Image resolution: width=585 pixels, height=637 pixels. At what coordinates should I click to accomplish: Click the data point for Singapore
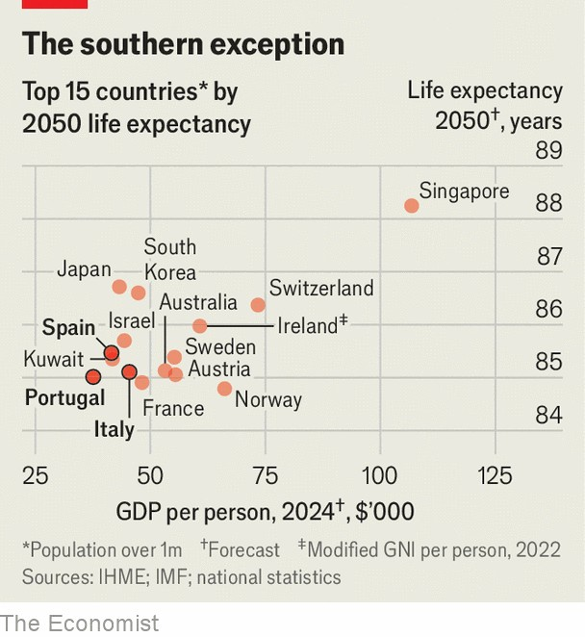coord(412,206)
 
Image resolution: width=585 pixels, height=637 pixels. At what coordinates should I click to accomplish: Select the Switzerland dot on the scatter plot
coord(258,305)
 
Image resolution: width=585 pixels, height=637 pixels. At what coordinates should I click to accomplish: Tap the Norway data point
coord(224,389)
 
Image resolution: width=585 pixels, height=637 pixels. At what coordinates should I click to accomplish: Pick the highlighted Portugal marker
coord(93,376)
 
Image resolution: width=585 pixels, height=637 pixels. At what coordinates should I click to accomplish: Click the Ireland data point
coord(200,326)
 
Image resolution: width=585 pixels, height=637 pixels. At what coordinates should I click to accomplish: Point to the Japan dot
coord(119,287)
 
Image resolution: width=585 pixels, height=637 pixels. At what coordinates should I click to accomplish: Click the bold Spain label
coord(68,328)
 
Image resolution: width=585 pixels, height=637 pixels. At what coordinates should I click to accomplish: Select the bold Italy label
coord(114,429)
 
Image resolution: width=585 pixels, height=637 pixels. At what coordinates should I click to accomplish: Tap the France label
coord(173,408)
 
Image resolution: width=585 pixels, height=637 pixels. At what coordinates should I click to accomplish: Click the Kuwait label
coord(54,359)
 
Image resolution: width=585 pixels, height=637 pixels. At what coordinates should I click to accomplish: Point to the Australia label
coord(198,302)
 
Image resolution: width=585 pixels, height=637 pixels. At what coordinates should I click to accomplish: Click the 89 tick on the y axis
coord(548,151)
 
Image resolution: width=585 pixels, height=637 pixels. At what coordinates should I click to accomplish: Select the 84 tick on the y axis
coord(548,415)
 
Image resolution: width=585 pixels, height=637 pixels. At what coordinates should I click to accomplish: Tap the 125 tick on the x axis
coord(496,475)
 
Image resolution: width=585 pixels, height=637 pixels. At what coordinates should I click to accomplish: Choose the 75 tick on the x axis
coord(265,475)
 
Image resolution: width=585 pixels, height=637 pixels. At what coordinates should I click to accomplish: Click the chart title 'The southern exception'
coord(183,44)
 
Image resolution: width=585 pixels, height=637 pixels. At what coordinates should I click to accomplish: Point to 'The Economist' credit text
coord(79,623)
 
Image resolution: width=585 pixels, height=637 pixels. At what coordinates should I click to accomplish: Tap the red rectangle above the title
coord(54,4)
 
